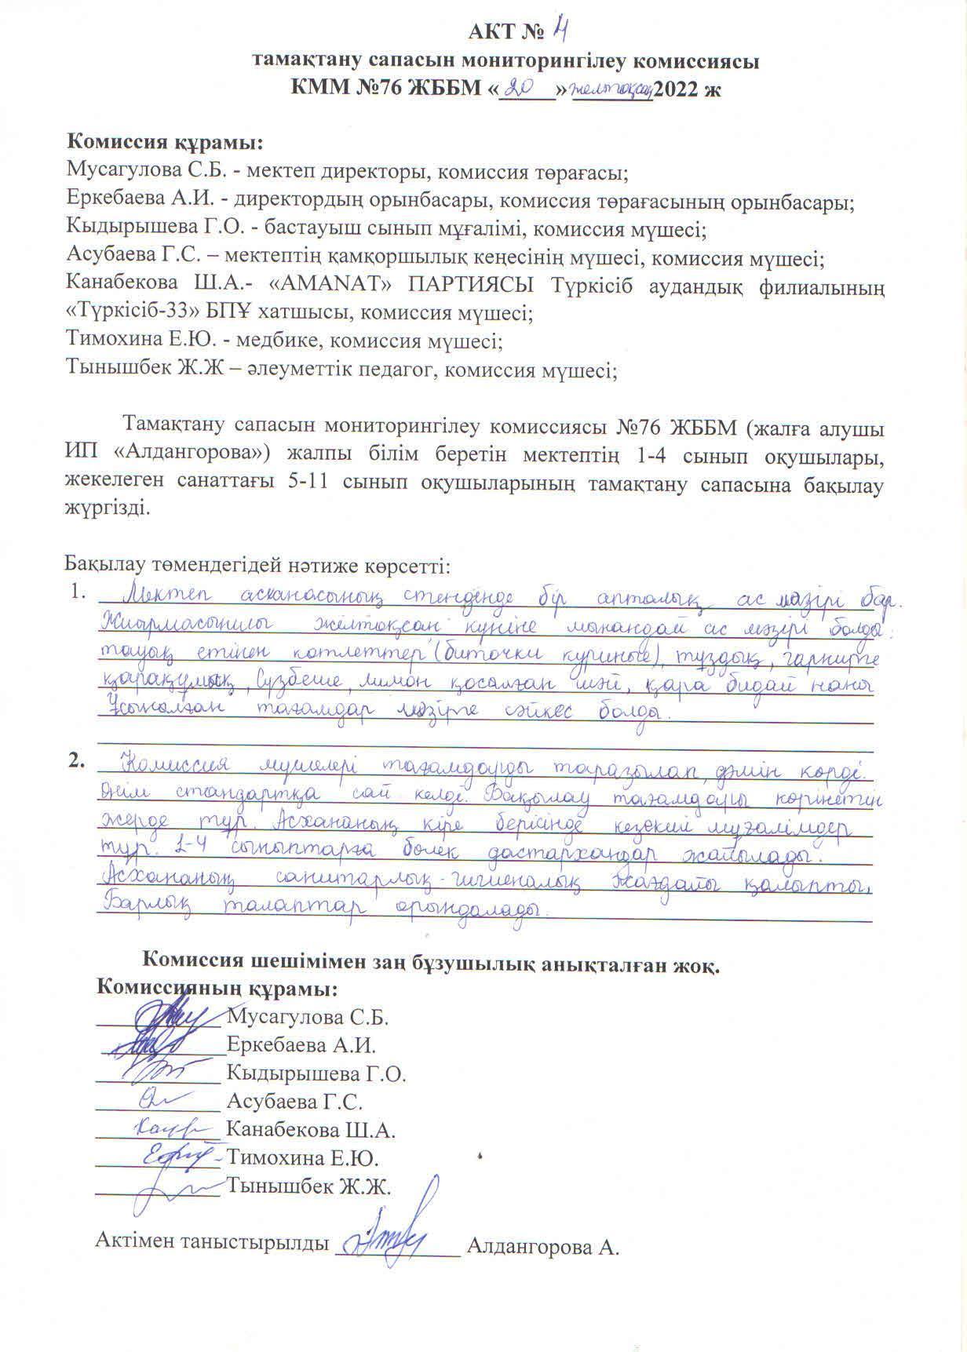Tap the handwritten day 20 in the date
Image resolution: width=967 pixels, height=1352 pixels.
(x=522, y=87)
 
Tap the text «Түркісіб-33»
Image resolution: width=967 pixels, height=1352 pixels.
(x=137, y=314)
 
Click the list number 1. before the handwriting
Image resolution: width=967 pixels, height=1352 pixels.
(x=76, y=592)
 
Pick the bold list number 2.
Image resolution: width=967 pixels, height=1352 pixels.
(x=76, y=759)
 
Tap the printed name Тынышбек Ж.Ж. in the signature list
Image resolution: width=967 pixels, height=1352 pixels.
(x=308, y=1186)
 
